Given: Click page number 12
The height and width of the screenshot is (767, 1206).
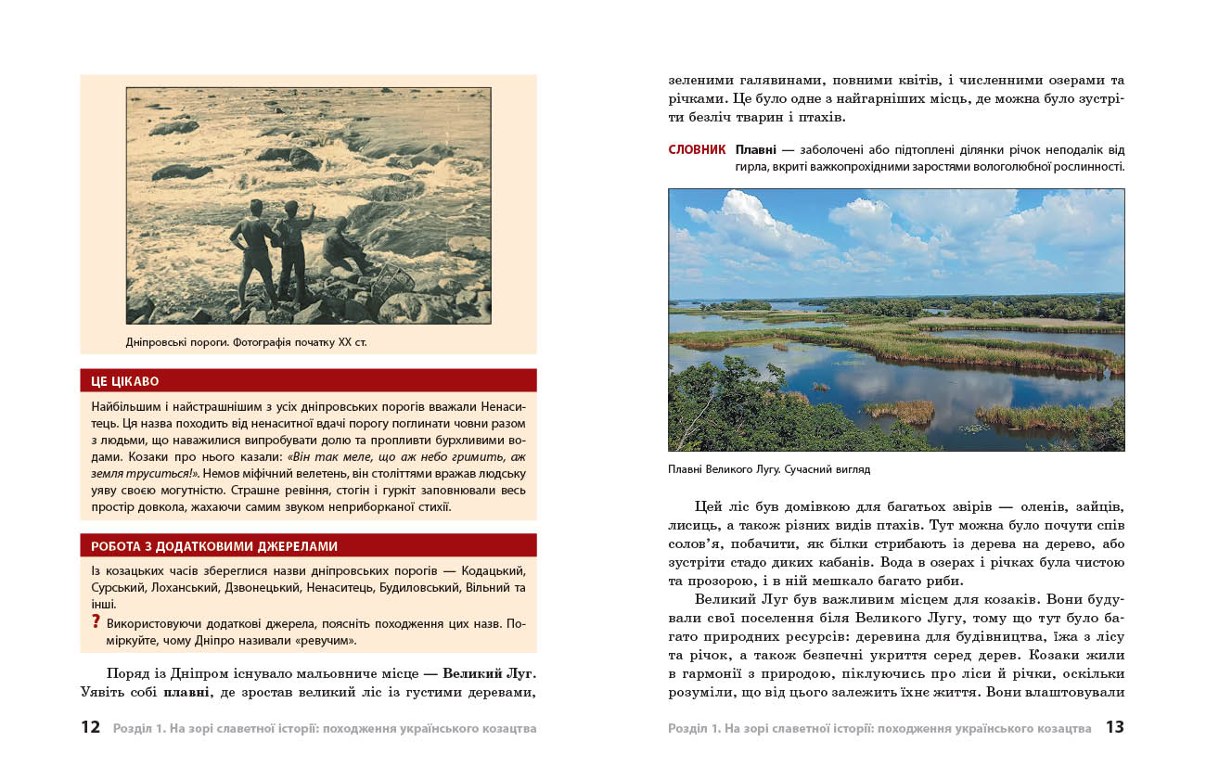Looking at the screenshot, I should [x=90, y=727].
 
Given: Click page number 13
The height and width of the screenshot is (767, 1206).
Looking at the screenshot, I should [x=1114, y=727].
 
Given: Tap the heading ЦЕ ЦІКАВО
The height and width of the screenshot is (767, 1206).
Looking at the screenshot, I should [x=125, y=380].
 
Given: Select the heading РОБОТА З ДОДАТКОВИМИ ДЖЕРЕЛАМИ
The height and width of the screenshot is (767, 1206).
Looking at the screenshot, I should [x=214, y=546].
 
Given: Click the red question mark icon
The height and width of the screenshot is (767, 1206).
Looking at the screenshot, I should [x=96, y=621].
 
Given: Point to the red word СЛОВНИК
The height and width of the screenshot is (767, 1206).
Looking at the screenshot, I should [x=697, y=149].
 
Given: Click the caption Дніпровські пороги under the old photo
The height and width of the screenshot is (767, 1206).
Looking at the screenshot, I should [x=246, y=342].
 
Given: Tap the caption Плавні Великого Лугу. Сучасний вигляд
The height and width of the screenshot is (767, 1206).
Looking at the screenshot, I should [x=769, y=469].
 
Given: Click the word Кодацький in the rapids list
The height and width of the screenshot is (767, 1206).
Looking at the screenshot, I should [x=498, y=570].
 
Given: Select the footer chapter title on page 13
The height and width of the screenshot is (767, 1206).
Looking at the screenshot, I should [x=879, y=728].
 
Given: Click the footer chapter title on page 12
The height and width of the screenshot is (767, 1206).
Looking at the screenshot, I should [x=325, y=728].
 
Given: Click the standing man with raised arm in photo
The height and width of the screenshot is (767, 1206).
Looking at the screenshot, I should [x=293, y=246].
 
